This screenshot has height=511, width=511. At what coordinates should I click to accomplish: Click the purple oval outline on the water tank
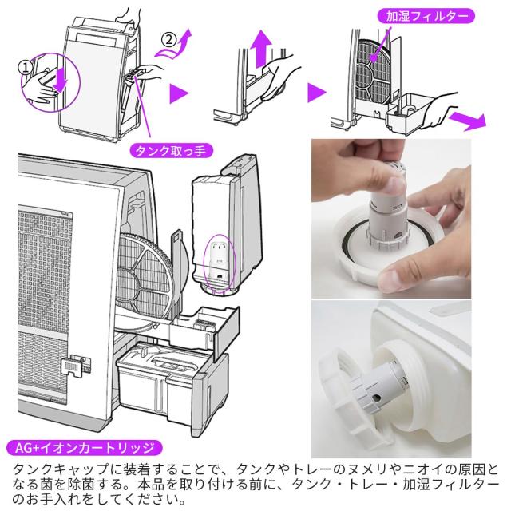tap(218, 261)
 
